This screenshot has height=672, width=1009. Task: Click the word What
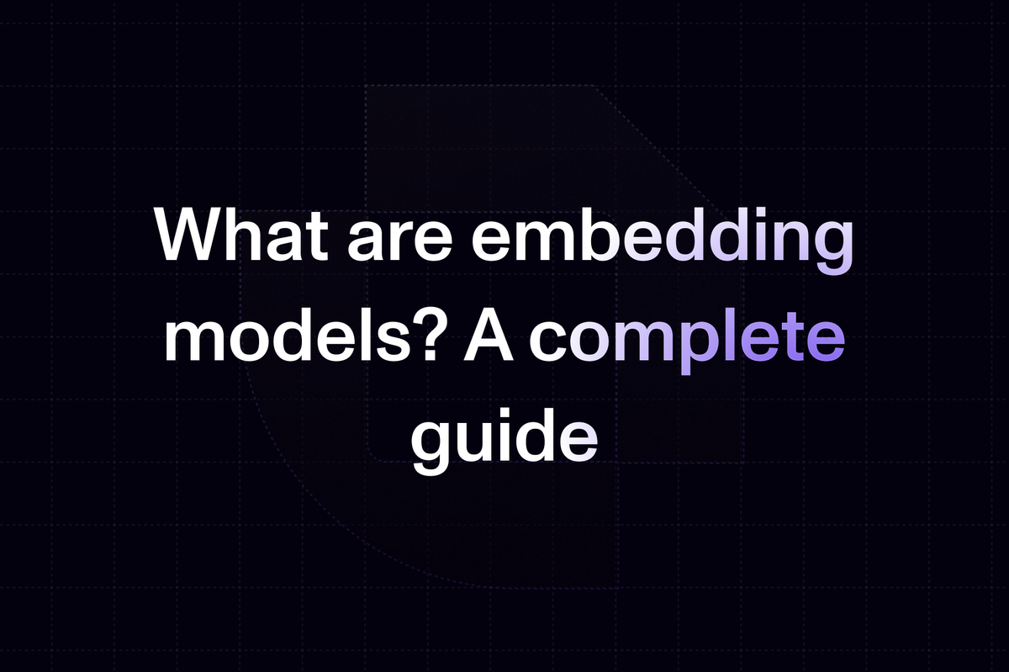point(241,235)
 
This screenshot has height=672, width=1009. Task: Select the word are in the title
point(399,242)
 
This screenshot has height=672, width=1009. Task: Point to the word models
point(283,336)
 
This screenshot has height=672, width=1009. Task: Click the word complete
point(687,341)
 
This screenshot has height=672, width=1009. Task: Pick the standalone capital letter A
point(489,336)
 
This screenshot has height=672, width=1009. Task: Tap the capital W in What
point(193,235)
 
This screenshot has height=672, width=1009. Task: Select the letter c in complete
point(548,343)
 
